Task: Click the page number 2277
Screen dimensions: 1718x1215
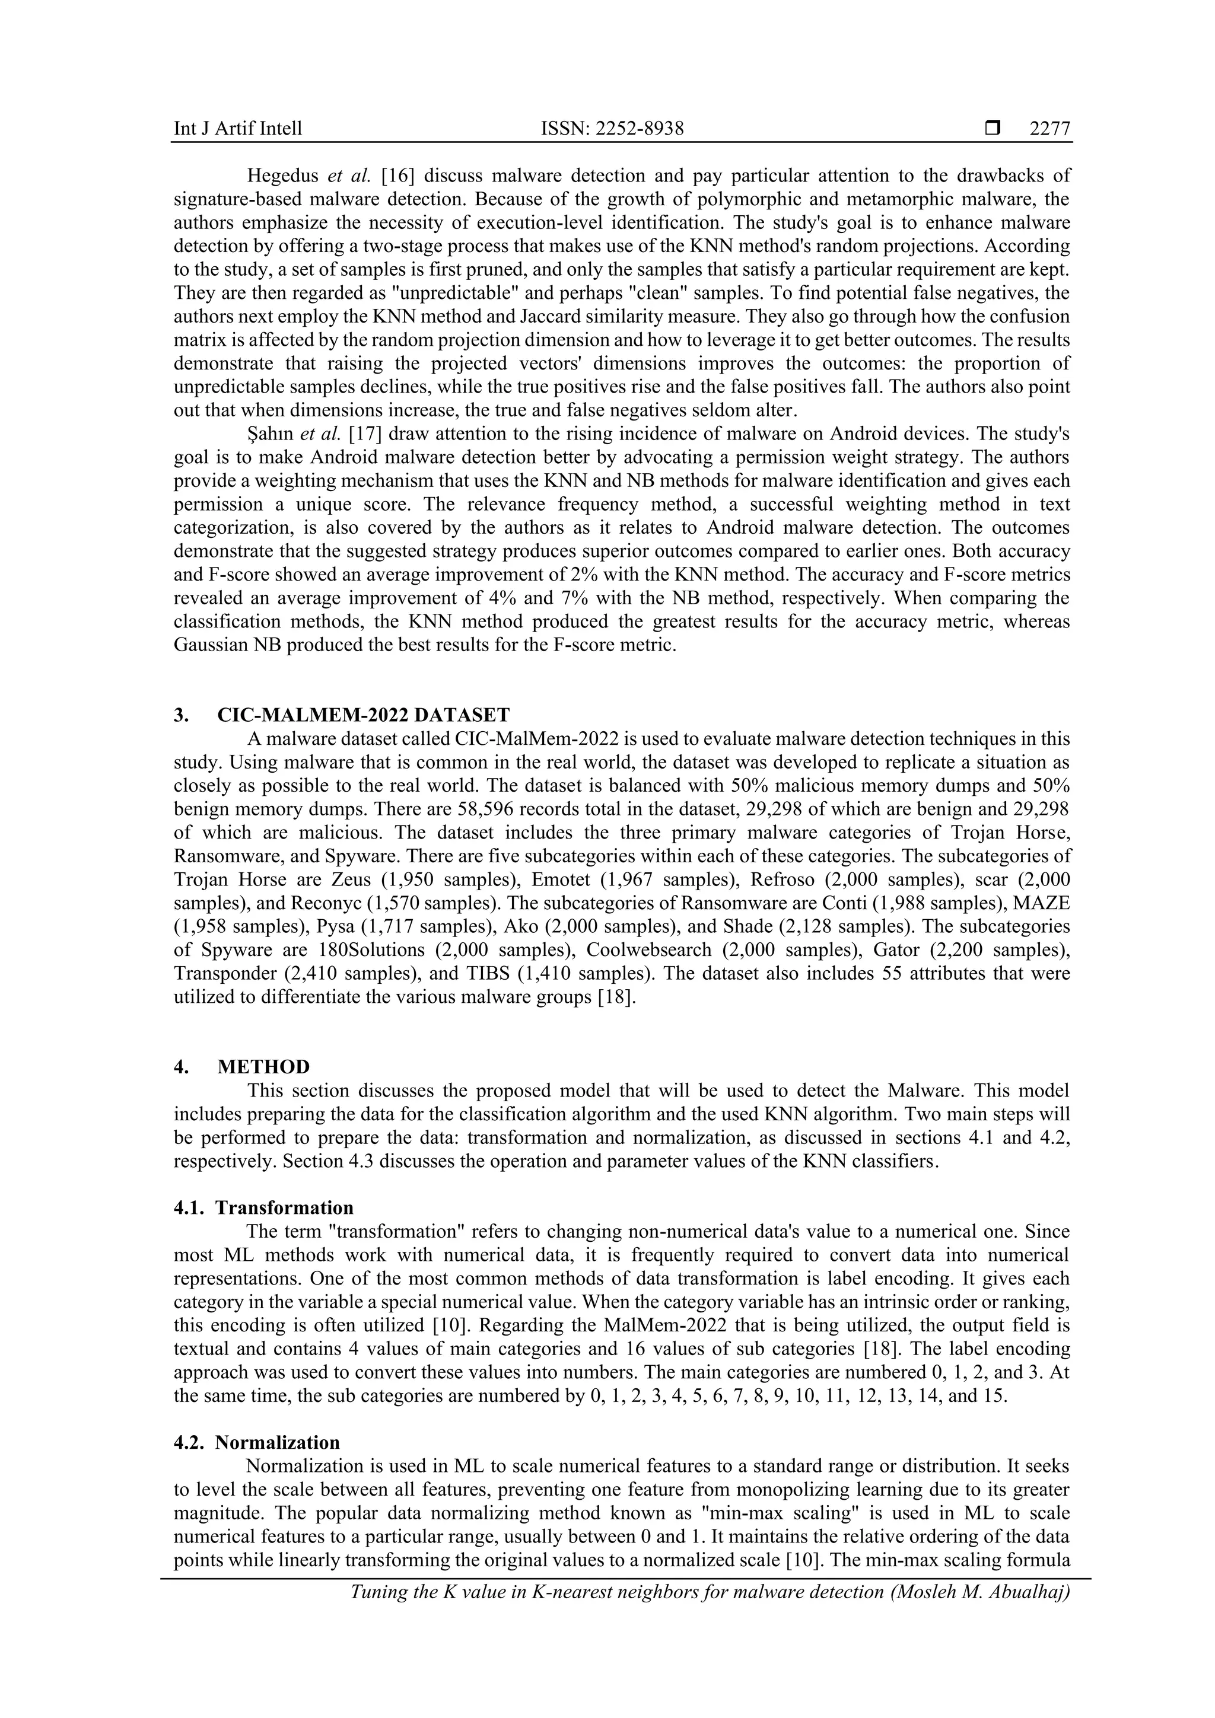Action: pyautogui.click(x=1049, y=129)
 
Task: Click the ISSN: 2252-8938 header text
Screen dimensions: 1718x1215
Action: pyautogui.click(x=612, y=129)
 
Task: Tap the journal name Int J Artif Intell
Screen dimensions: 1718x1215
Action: pyautogui.click(x=238, y=129)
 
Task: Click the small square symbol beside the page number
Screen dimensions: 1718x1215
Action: pyautogui.click(x=993, y=129)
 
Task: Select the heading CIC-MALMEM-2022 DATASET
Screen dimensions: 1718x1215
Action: pyautogui.click(x=363, y=715)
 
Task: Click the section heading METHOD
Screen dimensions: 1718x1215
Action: pyautogui.click(x=263, y=1067)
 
